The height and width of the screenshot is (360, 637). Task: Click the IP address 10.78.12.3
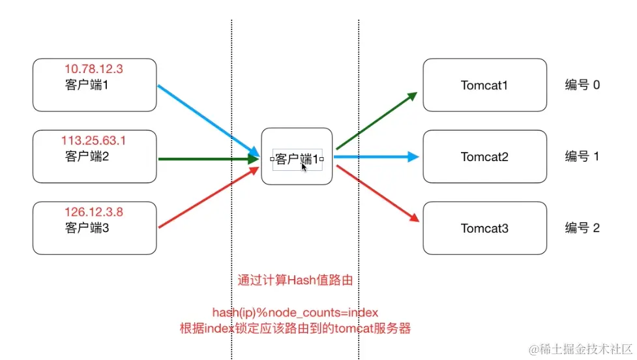(x=94, y=68)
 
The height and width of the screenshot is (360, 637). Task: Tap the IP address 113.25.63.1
(x=94, y=140)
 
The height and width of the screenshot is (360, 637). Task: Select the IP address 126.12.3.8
(x=94, y=212)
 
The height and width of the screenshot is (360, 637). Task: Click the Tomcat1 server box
(x=484, y=85)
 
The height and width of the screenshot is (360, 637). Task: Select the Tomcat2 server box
(x=484, y=157)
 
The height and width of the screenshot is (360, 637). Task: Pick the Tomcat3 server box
(x=484, y=228)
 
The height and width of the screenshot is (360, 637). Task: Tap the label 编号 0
(x=582, y=85)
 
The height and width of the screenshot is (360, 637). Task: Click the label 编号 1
(x=582, y=157)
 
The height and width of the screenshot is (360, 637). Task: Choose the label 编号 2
(x=582, y=228)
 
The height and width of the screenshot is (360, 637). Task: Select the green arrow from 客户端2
(x=205, y=158)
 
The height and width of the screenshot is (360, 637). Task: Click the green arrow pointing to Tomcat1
(x=376, y=121)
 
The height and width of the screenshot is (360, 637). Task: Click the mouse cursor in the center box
(x=304, y=166)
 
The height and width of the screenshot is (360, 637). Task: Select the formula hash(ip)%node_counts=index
(x=295, y=312)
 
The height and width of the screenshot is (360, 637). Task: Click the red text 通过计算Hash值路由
(x=295, y=281)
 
